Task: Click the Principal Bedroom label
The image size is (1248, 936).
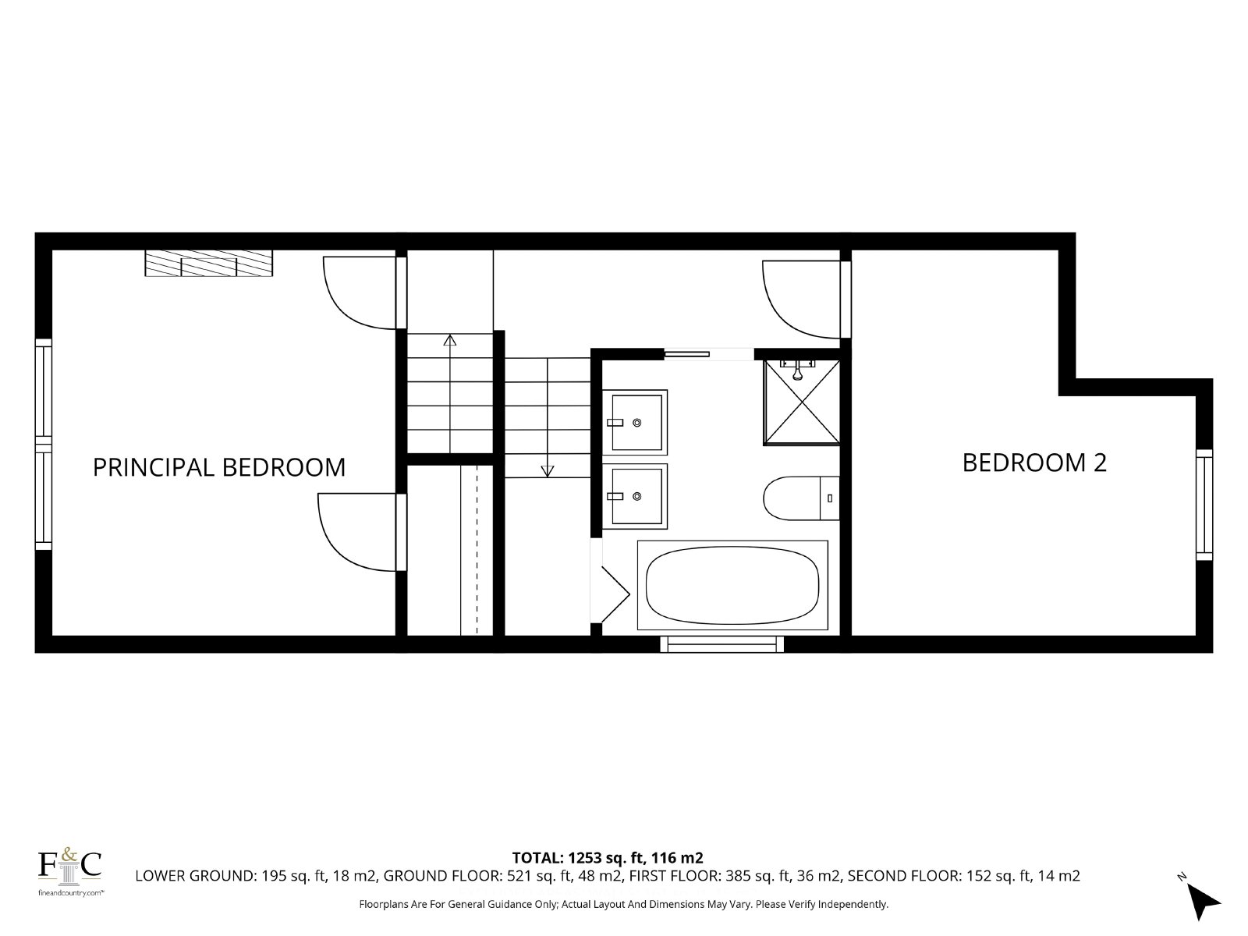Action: (219, 467)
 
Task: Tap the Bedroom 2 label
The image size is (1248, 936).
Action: (1034, 463)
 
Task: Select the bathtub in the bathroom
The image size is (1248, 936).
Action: (732, 585)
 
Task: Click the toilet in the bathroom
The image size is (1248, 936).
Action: (801, 498)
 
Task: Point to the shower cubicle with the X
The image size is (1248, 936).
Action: (802, 402)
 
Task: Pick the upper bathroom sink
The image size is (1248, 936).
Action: (635, 422)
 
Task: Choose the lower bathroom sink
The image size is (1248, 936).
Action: (635, 496)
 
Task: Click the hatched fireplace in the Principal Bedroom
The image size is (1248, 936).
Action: (209, 263)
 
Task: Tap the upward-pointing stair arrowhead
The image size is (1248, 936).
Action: (450, 340)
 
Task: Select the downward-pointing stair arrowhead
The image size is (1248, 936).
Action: (547, 471)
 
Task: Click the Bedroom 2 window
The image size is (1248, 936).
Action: (1204, 505)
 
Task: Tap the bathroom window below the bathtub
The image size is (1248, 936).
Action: (722, 644)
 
